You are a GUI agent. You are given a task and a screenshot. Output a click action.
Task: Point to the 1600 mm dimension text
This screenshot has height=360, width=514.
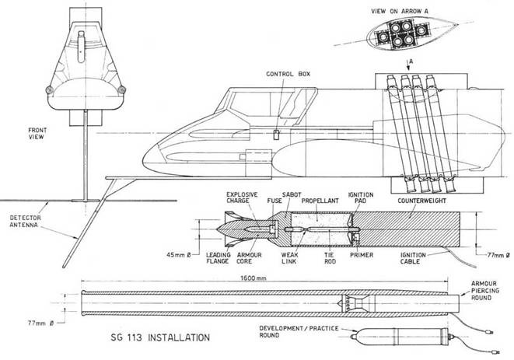pyautogui.click(x=234, y=278)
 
